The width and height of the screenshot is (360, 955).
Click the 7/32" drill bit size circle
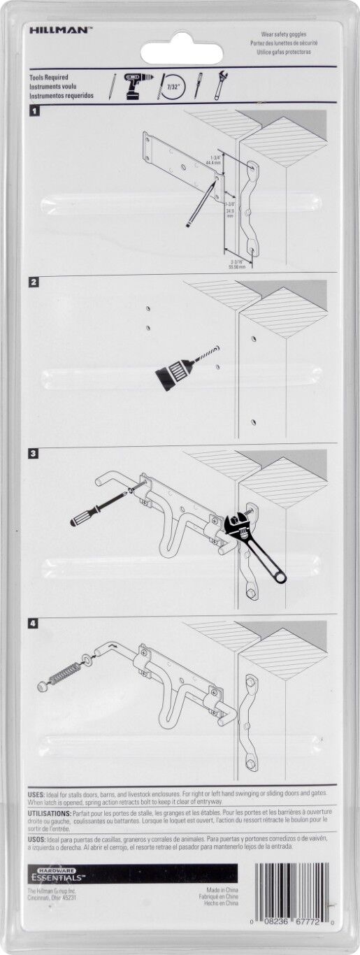point(172,85)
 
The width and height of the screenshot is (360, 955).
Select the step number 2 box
point(34,283)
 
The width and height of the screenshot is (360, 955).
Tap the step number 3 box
point(34,454)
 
